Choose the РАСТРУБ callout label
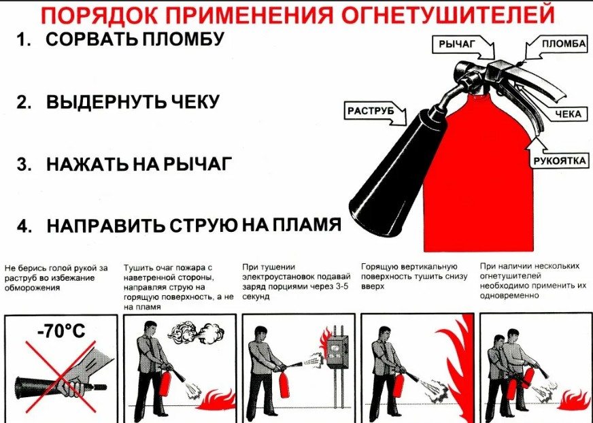point(372,110)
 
